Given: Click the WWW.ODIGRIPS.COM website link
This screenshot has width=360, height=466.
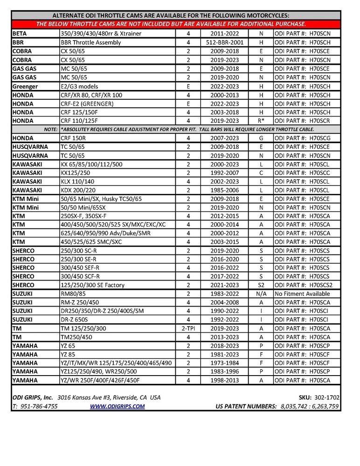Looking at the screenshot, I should pos(117,406).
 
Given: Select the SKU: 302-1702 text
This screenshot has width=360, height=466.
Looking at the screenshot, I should pos(319,397).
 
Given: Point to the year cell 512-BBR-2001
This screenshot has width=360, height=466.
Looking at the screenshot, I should pos(225,42).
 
